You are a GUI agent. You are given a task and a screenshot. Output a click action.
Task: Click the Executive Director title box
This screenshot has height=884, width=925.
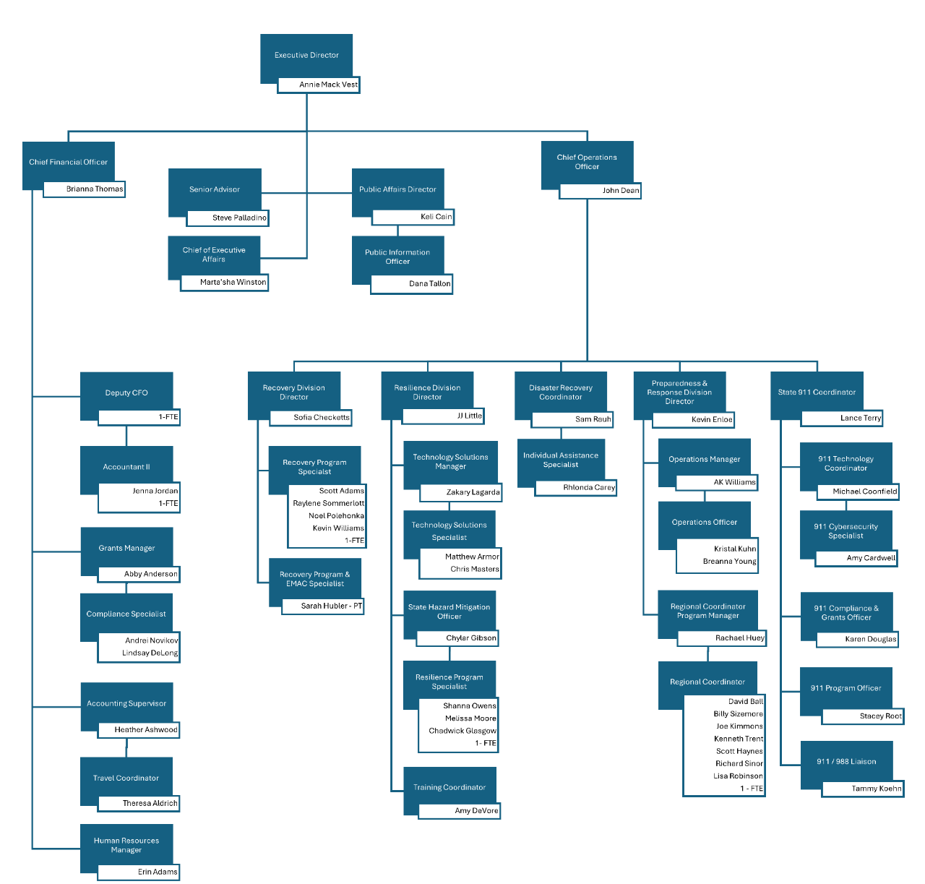[306, 55]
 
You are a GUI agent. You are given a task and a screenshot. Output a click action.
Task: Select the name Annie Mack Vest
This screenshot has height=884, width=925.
[329, 85]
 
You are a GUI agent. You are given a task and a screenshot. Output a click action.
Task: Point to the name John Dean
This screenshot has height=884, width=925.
[621, 191]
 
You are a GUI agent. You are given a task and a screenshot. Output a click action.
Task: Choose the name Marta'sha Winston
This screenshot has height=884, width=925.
[233, 282]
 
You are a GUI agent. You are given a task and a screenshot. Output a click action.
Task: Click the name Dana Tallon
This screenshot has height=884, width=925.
[430, 284]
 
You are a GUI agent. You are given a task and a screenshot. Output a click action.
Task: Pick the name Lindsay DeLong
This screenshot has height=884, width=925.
[150, 653]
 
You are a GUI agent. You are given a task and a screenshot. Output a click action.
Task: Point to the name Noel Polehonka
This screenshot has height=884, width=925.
[336, 515]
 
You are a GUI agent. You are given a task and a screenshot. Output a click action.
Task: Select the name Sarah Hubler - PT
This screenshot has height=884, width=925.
[331, 606]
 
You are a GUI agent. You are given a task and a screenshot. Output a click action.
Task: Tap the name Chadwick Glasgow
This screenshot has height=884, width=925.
[462, 731]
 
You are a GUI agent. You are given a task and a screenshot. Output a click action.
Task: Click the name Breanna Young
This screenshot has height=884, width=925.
[730, 562]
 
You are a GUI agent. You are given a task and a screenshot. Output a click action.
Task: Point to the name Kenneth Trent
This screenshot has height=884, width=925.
[739, 739]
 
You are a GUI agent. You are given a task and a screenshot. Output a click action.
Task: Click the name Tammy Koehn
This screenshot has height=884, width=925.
[877, 789]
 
